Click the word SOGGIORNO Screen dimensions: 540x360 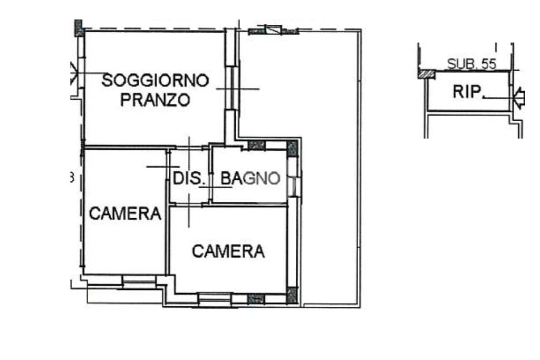[x=156, y=80]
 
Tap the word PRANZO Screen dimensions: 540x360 [x=156, y=100]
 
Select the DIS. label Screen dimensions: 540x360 [x=188, y=178]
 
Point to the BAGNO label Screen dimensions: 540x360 [x=250, y=178]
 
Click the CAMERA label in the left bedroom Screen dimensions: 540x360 [x=125, y=213]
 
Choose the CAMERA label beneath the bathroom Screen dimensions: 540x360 [x=228, y=251]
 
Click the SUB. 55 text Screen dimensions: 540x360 [x=471, y=64]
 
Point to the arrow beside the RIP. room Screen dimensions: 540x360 [x=519, y=98]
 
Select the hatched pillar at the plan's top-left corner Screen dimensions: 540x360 [x=79, y=28]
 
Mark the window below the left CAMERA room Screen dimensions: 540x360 [x=139, y=282]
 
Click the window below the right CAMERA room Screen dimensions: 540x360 [x=214, y=299]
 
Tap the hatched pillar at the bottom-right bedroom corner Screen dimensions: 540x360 [x=292, y=296]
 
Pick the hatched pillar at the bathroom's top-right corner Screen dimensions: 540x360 [x=292, y=148]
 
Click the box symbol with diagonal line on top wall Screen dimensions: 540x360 [x=274, y=30]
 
